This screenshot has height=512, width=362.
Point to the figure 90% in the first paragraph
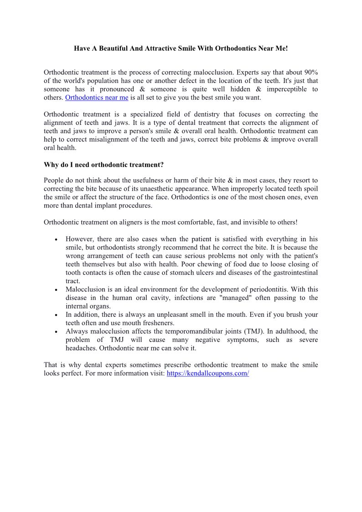pos(311,72)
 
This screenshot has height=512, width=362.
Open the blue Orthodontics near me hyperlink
pos(97,98)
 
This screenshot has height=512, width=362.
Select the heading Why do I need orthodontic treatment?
pos(103,164)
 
